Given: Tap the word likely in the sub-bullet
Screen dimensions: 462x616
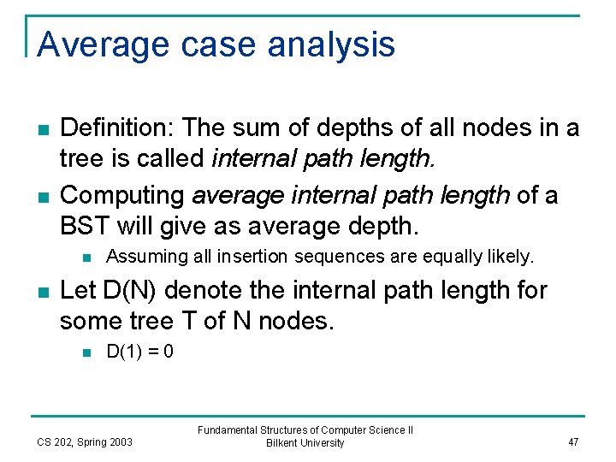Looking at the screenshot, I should click(510, 256).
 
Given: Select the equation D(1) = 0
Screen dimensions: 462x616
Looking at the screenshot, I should click(139, 351).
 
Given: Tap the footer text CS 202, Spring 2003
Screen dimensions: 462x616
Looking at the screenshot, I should click(84, 442).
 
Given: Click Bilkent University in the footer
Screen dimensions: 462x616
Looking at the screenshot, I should click(305, 443).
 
